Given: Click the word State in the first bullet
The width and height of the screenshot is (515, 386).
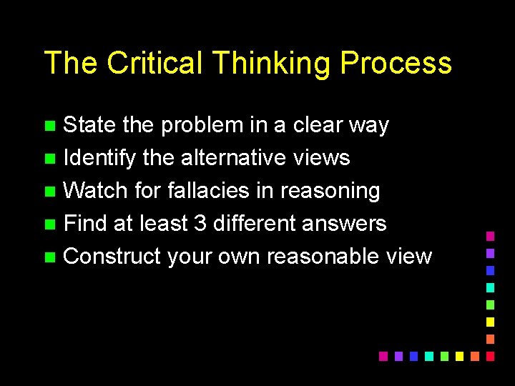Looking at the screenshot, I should click(x=89, y=125).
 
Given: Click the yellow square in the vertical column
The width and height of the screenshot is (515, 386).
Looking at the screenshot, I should click(x=490, y=322).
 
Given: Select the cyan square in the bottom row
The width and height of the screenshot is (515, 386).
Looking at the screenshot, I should click(x=428, y=356).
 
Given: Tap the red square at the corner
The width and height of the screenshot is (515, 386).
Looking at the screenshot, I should click(x=490, y=356).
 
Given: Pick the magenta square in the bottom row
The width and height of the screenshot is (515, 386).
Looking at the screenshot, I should click(x=383, y=356).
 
